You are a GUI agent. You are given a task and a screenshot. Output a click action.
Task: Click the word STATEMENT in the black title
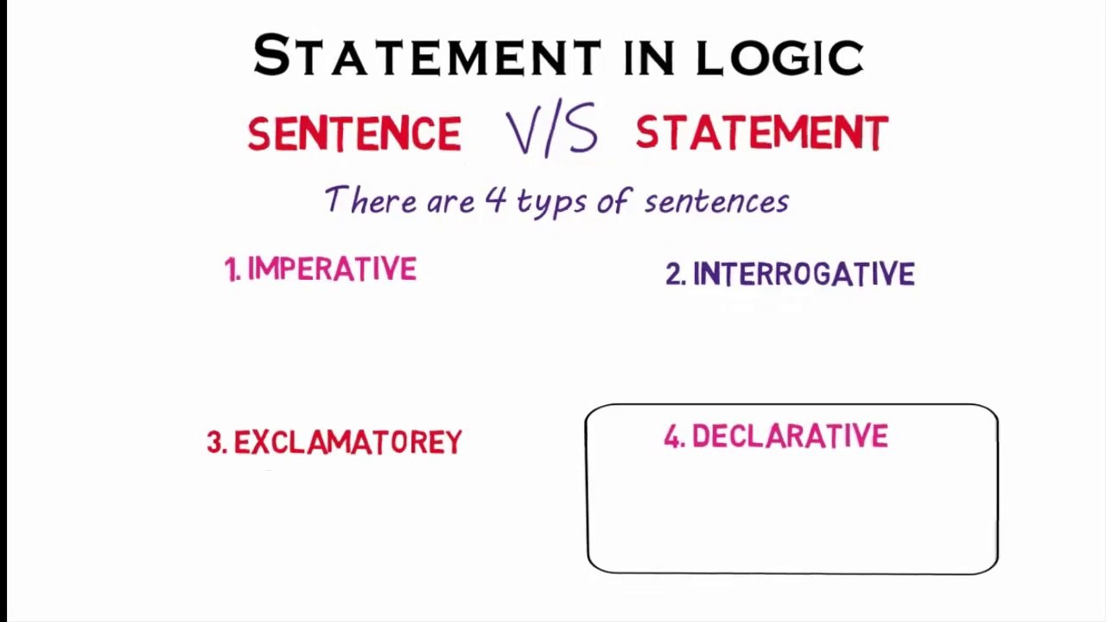point(427,56)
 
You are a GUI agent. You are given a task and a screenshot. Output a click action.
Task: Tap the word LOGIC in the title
point(779,57)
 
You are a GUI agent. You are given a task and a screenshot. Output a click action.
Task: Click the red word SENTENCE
point(354,134)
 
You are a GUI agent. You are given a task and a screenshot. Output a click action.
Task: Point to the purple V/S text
point(552,132)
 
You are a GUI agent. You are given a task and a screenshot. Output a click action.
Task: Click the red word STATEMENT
point(762,134)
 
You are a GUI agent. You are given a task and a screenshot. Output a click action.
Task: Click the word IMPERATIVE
point(332,270)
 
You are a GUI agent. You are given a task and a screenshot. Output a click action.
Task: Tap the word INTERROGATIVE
point(804,275)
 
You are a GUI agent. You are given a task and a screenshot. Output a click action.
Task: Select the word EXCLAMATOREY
point(347,442)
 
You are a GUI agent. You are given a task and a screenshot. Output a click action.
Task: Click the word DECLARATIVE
point(790,437)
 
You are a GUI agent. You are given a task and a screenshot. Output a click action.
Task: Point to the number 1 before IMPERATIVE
point(232,271)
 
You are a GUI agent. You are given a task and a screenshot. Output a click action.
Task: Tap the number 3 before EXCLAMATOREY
point(215,443)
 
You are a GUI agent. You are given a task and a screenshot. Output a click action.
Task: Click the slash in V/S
point(552,132)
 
